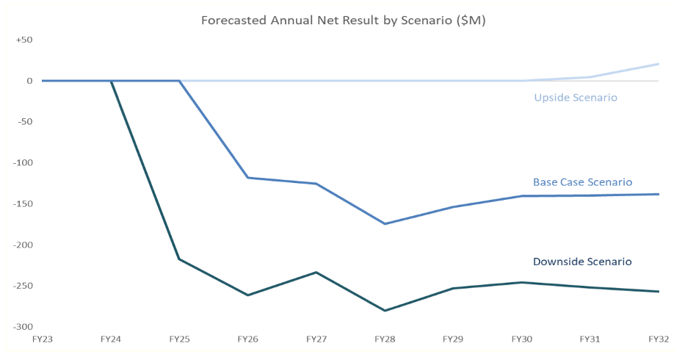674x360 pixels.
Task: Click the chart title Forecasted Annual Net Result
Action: tap(343, 21)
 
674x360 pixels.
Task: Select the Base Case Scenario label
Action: tap(582, 182)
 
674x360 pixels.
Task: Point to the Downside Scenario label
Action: tap(582, 262)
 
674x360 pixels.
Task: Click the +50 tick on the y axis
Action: tap(24, 40)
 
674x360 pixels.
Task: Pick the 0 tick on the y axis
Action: tap(29, 81)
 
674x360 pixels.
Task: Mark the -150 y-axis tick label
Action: tap(23, 204)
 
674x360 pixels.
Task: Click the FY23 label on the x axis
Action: tap(42, 339)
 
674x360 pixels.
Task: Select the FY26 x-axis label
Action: tap(247, 339)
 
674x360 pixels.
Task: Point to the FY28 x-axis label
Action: tap(385, 339)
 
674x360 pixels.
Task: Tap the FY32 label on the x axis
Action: tap(659, 339)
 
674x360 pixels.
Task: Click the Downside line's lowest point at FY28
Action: tap(385, 311)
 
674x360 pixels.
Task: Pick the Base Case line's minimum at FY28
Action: tap(385, 223)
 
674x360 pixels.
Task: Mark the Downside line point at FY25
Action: tap(179, 259)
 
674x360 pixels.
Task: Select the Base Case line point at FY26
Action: tap(247, 178)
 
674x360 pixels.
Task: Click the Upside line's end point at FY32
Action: tap(659, 64)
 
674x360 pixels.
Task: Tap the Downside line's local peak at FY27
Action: tap(316, 273)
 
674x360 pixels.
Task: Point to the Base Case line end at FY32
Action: tap(659, 194)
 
